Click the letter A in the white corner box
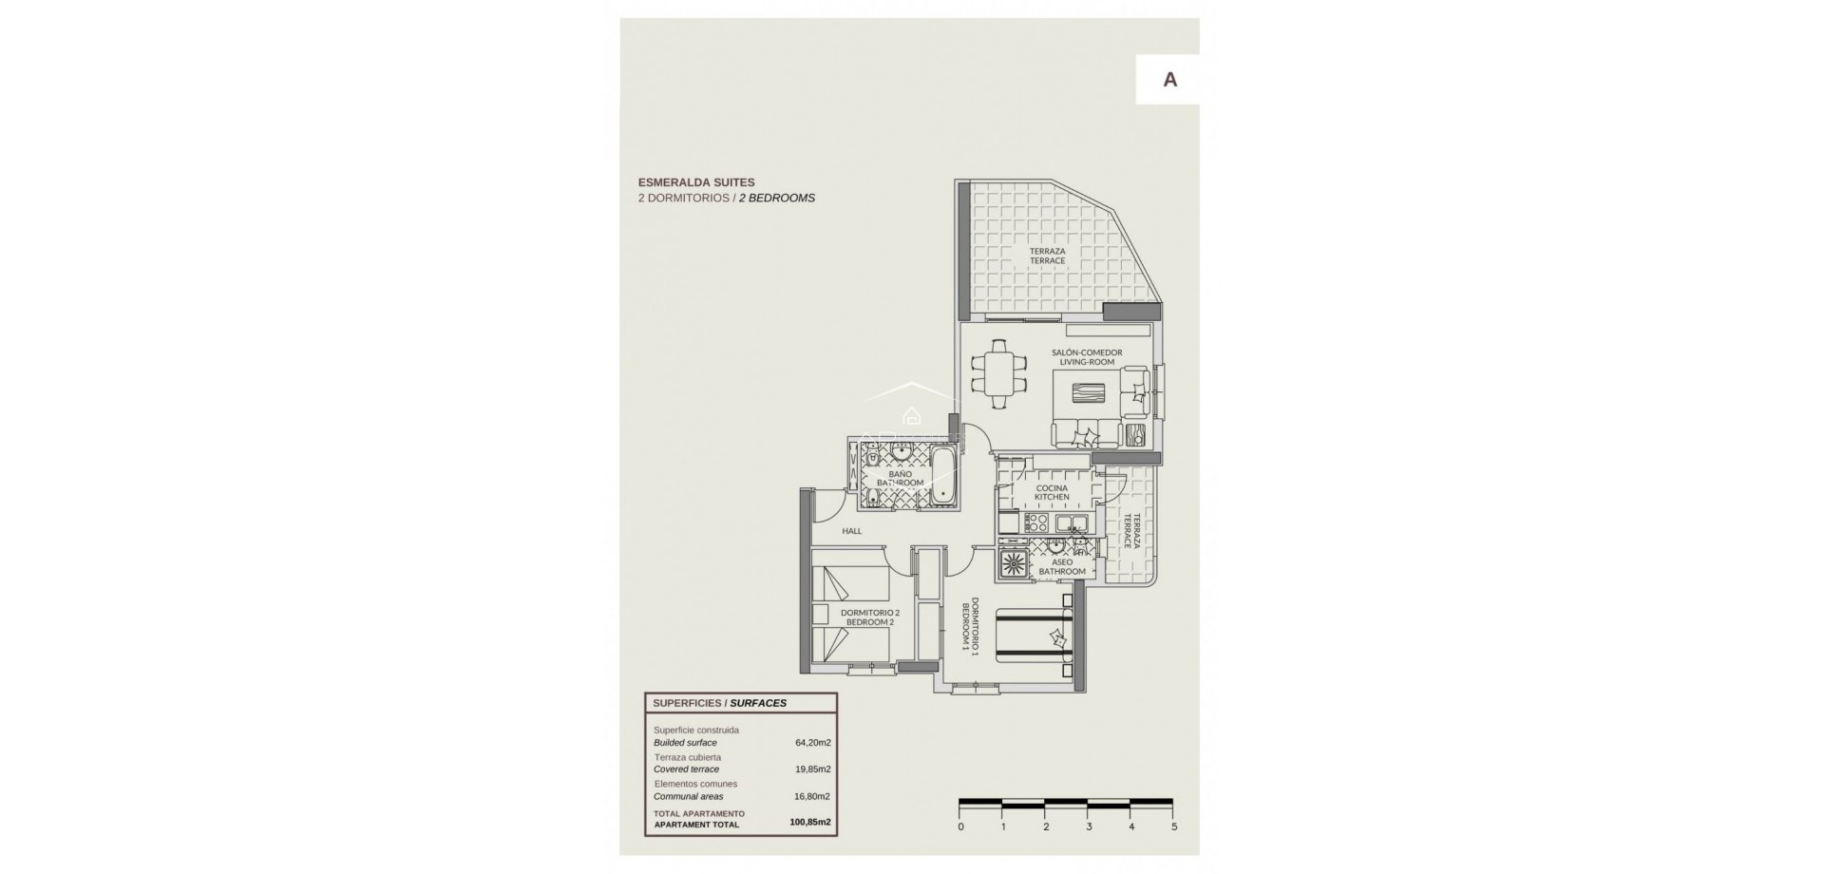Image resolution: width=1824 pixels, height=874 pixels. coord(1169,80)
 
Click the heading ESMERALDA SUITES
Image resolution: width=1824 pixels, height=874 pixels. coord(696,182)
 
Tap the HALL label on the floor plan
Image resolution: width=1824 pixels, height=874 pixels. coord(852,531)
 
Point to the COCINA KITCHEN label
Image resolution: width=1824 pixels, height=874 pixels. coord(1052,492)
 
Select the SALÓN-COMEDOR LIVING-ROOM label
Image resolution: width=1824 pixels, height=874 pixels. coord(1087,357)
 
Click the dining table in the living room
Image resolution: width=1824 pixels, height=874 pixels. coord(998,373)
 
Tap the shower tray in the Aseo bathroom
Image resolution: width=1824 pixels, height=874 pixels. coord(1013,563)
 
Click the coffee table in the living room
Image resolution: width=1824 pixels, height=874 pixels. coord(1090,394)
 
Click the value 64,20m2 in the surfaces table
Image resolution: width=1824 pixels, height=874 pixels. coord(812,743)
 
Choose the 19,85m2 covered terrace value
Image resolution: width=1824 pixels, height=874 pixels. coord(812,769)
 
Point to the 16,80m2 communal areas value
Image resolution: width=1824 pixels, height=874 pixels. coord(811,797)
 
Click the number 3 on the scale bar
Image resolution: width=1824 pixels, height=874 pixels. coord(1089,826)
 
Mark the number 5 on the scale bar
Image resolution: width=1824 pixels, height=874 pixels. coord(1174,826)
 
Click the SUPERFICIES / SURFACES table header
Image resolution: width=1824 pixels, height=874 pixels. coord(719,703)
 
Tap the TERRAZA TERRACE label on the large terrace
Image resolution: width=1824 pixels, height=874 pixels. coord(1047,256)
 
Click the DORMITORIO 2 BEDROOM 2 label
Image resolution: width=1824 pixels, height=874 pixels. coord(869,617)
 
